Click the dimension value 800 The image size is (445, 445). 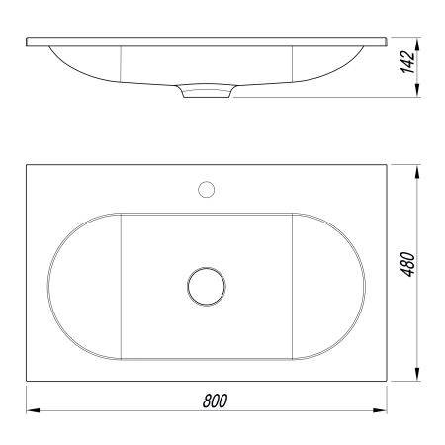(x=216, y=400)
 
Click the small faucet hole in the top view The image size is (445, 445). (x=207, y=188)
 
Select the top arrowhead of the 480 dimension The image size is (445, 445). (x=422, y=171)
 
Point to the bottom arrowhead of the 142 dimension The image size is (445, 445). (x=422, y=93)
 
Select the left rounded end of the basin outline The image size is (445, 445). (x=49, y=286)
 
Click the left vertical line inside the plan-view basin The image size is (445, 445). (x=120, y=286)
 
